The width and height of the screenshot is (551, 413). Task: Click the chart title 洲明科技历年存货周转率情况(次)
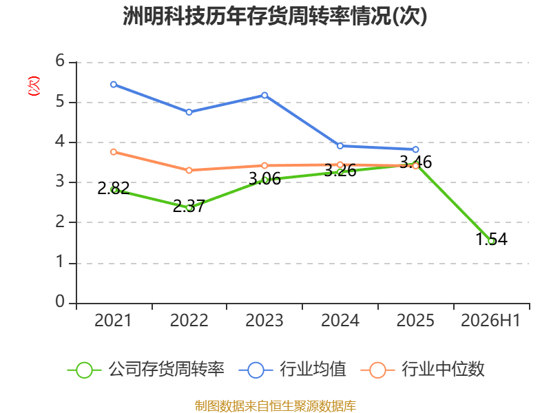[x=275, y=16]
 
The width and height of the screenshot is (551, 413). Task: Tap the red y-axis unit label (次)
[x=34, y=86]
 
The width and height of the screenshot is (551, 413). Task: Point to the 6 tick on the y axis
[x=60, y=61]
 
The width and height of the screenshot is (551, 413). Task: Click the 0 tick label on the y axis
[x=60, y=301]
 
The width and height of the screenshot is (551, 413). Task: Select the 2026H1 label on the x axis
[x=490, y=321]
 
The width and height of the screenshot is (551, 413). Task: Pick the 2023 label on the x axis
[x=264, y=321]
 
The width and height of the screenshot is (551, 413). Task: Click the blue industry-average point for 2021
[x=114, y=85]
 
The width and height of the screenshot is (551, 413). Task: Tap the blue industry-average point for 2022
[x=189, y=112]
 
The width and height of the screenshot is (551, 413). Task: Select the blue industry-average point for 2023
[x=264, y=95]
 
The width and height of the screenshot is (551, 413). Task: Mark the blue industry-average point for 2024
[x=340, y=146]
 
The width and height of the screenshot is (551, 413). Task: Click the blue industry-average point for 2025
[x=415, y=149]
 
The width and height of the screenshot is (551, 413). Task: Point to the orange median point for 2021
[x=114, y=152]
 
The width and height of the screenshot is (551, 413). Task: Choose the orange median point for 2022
[x=189, y=170]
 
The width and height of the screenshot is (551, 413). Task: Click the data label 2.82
[x=114, y=188]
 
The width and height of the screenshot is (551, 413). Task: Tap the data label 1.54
[x=491, y=239]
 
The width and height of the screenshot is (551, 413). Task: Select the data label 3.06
[x=264, y=179]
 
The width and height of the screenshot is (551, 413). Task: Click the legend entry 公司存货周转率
[x=146, y=370]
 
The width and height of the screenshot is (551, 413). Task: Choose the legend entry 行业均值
[x=292, y=370]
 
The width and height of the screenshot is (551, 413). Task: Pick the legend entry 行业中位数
[x=423, y=370]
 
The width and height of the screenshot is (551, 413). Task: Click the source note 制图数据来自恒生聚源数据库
[x=275, y=406]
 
